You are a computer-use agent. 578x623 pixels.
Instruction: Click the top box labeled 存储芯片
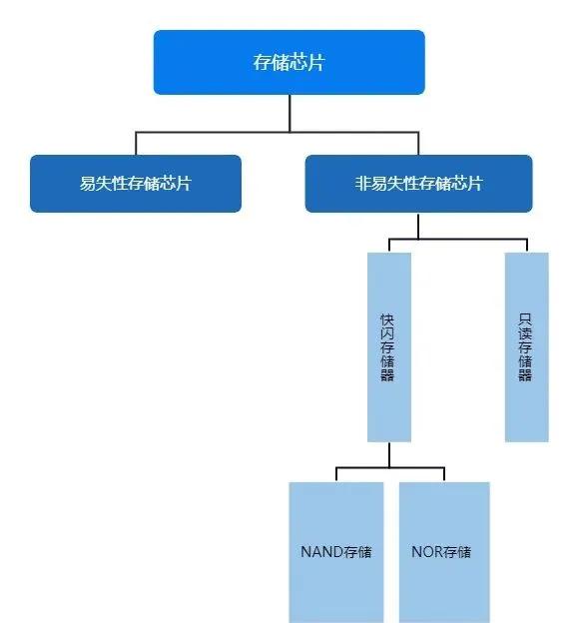click(289, 62)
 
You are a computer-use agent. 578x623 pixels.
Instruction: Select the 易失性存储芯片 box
click(136, 184)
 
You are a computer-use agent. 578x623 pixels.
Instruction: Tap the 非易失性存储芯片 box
click(418, 184)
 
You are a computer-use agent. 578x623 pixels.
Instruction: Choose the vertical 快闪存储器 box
click(389, 346)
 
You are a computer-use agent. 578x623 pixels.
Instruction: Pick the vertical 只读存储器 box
click(527, 346)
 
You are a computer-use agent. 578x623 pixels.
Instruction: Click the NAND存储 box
click(336, 552)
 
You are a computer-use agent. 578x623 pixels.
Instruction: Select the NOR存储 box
click(444, 552)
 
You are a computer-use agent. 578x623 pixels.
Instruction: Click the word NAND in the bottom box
click(321, 552)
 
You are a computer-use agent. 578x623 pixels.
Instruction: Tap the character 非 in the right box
click(363, 184)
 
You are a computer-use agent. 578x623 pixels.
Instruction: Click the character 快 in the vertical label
click(387, 319)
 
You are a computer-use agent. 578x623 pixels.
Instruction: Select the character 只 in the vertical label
click(525, 319)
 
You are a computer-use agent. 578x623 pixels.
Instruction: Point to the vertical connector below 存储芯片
click(289, 113)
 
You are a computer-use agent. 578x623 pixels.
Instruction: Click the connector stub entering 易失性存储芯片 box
click(136, 144)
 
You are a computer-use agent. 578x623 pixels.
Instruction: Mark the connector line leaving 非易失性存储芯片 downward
click(418, 226)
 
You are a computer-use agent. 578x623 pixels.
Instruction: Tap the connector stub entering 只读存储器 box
click(527, 246)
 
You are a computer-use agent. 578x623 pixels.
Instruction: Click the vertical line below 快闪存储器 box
click(389, 455)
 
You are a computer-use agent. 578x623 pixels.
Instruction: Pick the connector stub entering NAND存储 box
click(336, 475)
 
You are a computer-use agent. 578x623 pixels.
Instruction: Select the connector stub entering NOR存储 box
click(444, 475)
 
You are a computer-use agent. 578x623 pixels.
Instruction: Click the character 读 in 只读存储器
click(525, 333)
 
